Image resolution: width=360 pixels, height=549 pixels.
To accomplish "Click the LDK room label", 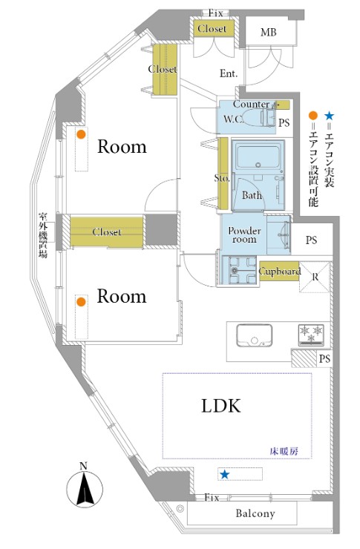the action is click(221, 406).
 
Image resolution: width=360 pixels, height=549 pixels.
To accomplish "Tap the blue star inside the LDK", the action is click(224, 474).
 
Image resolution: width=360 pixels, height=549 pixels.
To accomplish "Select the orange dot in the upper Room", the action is click(81, 134).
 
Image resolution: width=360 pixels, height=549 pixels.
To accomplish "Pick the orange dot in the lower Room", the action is click(81, 302).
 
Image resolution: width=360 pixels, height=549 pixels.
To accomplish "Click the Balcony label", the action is click(255, 513).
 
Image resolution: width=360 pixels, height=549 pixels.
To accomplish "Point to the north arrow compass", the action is click(85, 488).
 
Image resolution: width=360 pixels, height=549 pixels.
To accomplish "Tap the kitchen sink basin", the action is click(255, 335).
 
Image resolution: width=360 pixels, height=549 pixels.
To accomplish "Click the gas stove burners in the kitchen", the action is click(311, 335).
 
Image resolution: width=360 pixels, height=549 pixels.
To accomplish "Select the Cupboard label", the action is click(279, 271).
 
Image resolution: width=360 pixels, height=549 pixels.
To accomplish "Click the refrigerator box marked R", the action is click(315, 277).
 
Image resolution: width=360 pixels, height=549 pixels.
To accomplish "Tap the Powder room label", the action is click(244, 235).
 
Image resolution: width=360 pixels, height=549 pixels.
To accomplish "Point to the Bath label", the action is click(252, 195).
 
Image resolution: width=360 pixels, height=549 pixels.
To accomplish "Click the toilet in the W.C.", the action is click(258, 118).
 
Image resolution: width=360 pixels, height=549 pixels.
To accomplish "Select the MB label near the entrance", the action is click(269, 33).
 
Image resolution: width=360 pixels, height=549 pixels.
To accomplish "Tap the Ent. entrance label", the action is click(229, 73).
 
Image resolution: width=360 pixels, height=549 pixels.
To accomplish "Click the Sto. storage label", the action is click(222, 178).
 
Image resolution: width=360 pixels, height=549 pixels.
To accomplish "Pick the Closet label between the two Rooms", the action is click(107, 231).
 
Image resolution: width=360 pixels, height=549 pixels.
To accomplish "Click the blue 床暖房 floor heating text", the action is click(284, 451).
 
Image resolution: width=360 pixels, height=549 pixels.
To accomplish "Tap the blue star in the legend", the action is click(330, 116).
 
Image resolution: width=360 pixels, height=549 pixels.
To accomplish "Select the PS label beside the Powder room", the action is click(311, 240).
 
